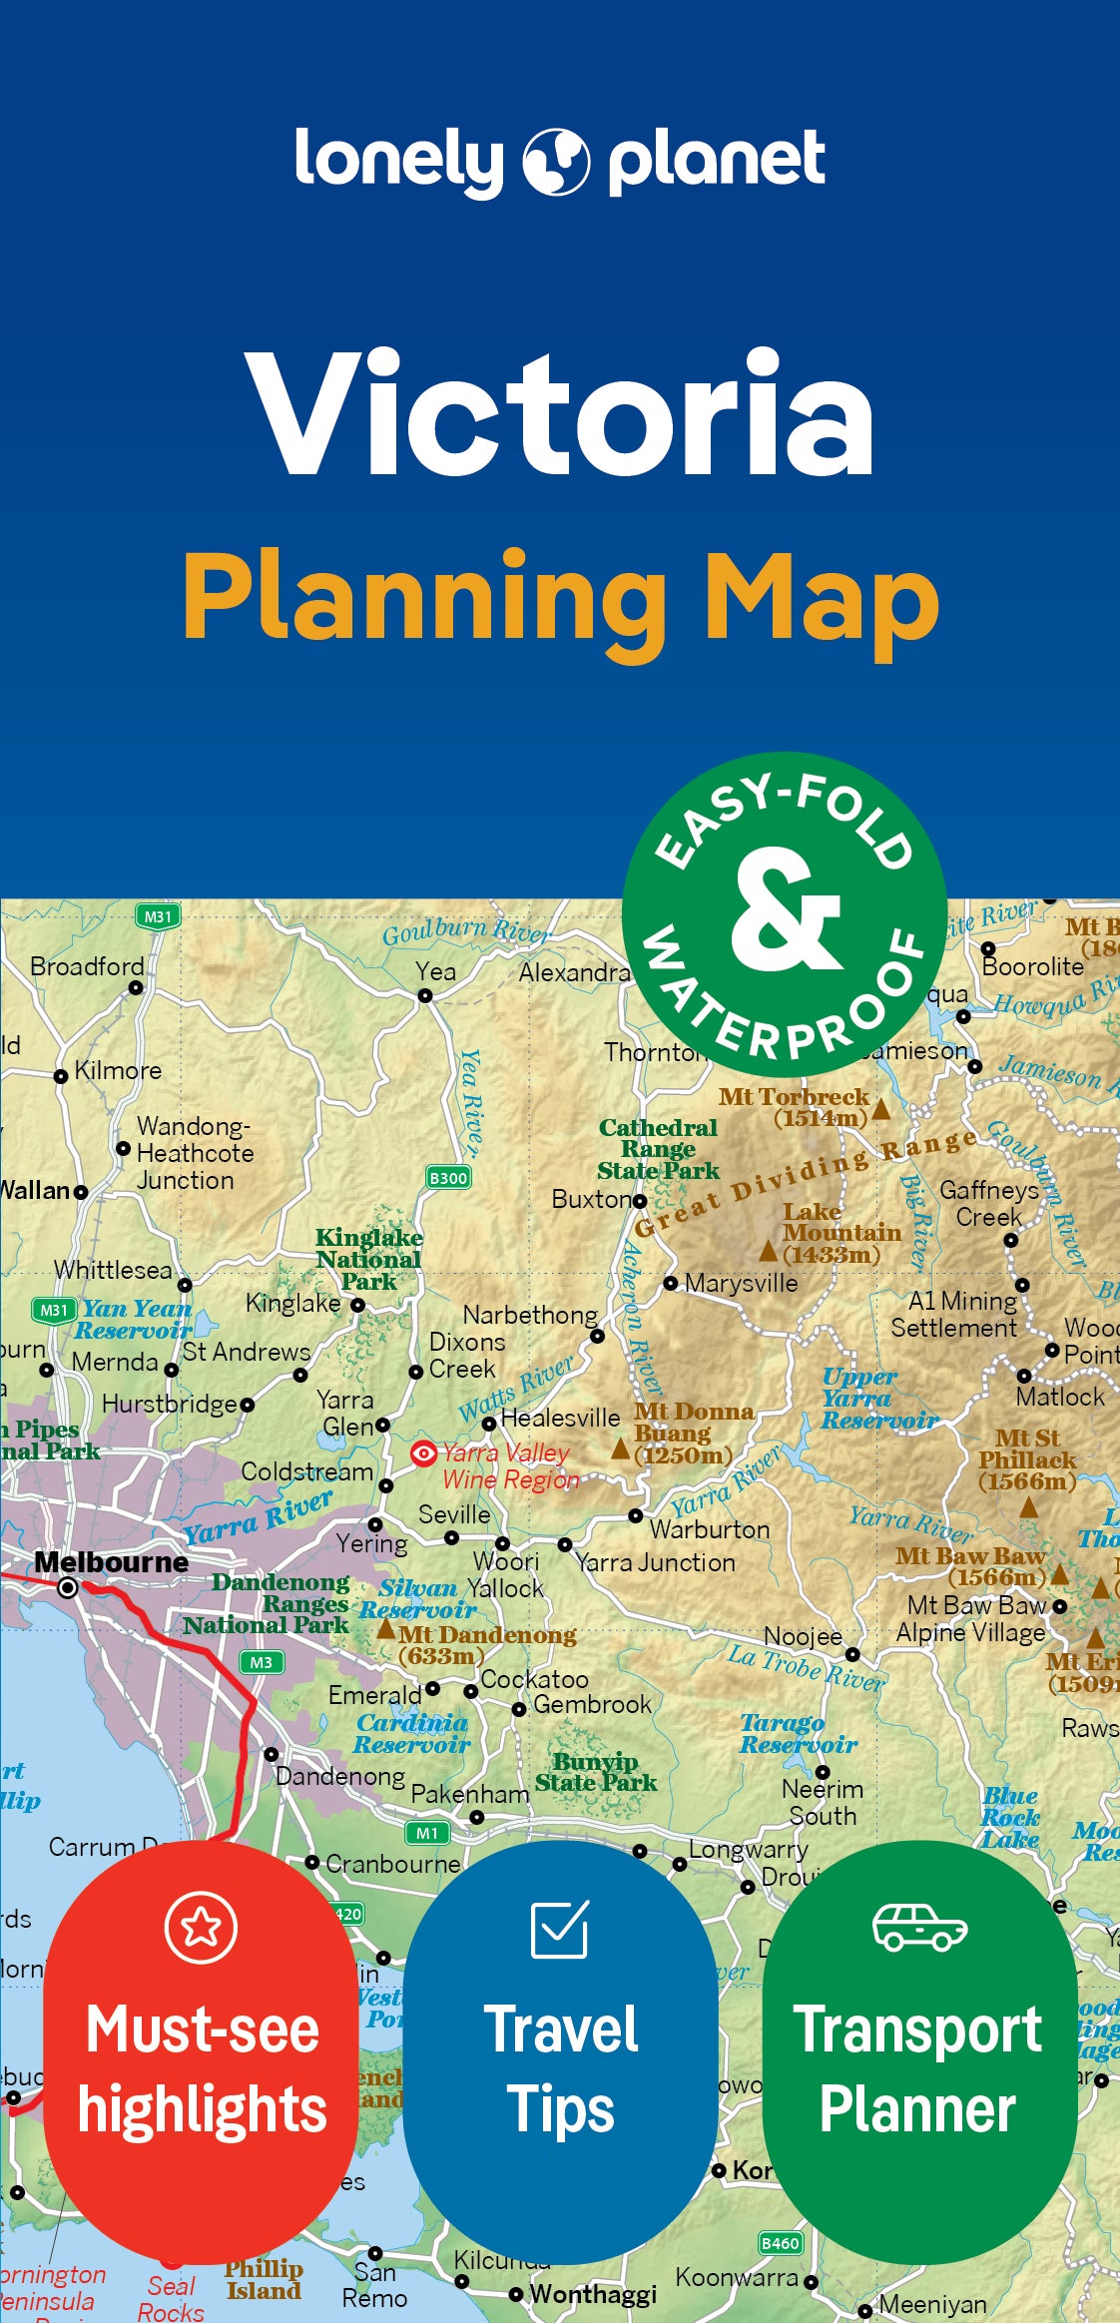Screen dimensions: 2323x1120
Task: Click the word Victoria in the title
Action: pos(560,412)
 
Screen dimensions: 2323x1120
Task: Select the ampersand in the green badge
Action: pos(785,911)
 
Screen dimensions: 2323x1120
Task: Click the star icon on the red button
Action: pos(201,1927)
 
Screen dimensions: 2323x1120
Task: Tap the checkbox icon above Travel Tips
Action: pos(560,1929)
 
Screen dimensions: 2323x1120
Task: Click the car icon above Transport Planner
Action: pos(918,1927)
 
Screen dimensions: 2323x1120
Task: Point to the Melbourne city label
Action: pos(111,1562)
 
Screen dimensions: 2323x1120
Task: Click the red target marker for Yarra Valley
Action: pos(423,1453)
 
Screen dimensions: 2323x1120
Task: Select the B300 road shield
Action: pos(448,1178)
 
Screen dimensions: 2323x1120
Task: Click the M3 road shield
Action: pos(261,1662)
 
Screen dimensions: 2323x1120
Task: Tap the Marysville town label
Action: pos(741,1283)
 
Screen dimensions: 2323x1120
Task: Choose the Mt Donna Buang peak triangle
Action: pos(620,1449)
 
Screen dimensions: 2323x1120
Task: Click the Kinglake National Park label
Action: pos(368,1260)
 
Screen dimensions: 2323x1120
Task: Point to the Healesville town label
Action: pos(559,1418)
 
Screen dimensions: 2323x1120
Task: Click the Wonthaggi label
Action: pos(592,2294)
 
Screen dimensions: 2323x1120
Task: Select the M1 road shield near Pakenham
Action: pos(427,1833)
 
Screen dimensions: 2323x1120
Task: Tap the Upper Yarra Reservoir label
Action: pos(876,1398)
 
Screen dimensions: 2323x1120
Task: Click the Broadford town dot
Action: pos(136,987)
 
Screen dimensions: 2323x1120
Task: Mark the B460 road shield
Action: pos(780,2243)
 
